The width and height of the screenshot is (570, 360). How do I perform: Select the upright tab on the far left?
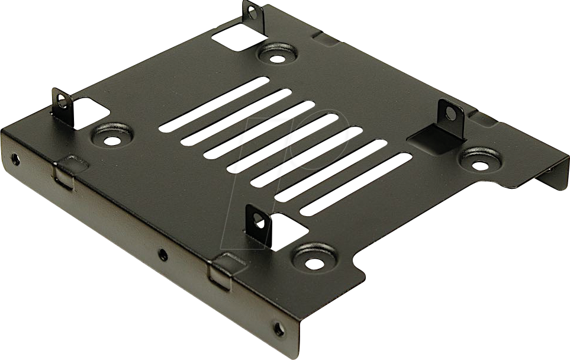tap(62, 102)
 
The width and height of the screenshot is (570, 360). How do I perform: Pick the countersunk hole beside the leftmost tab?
tap(111, 136)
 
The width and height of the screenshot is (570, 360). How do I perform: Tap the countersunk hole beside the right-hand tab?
tap(480, 159)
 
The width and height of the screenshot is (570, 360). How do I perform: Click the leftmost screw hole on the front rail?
tap(15, 159)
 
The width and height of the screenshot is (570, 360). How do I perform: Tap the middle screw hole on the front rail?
tap(163, 256)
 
